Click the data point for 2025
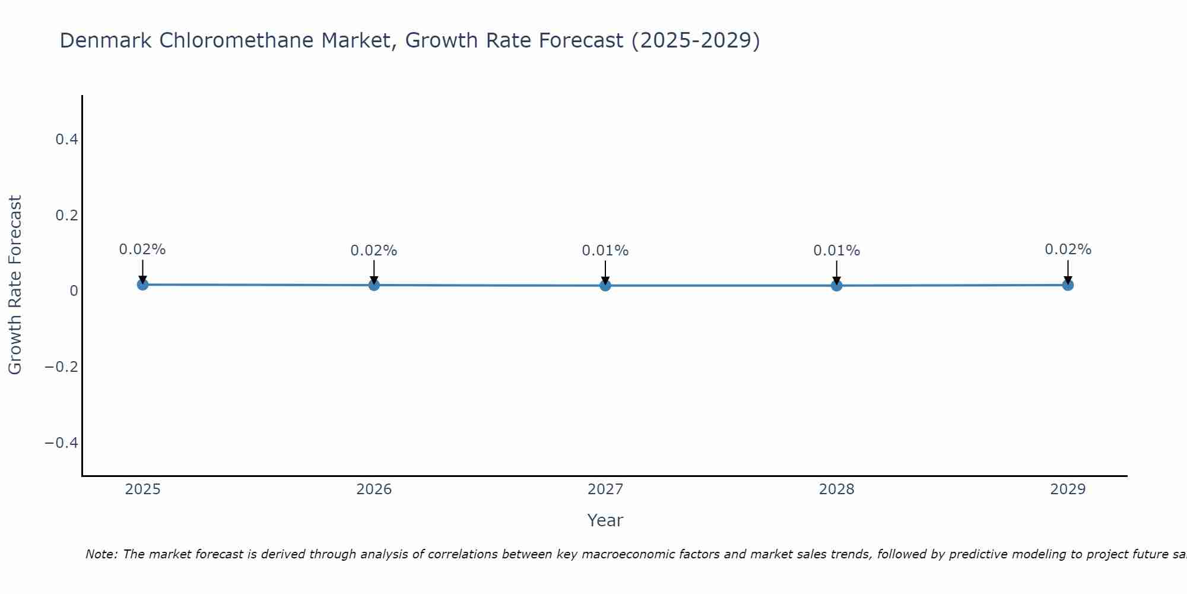coord(142,285)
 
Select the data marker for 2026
coord(374,285)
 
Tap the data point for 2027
coord(605,286)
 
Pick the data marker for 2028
coord(837,286)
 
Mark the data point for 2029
coord(1068,285)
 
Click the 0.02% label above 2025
coord(142,249)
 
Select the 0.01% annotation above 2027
coord(605,251)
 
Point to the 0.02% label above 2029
coord(1068,249)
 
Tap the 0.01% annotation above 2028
coord(837,251)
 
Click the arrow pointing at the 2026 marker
coord(374,270)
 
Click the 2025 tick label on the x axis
coord(143,489)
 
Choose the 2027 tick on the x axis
coord(605,489)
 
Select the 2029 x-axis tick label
coord(1068,489)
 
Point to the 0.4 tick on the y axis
coord(66,140)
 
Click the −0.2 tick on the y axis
coord(62,367)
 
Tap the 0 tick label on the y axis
coord(74,291)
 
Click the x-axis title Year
coord(605,520)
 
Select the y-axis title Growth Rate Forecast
coord(15,285)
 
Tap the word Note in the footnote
coord(101,554)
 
